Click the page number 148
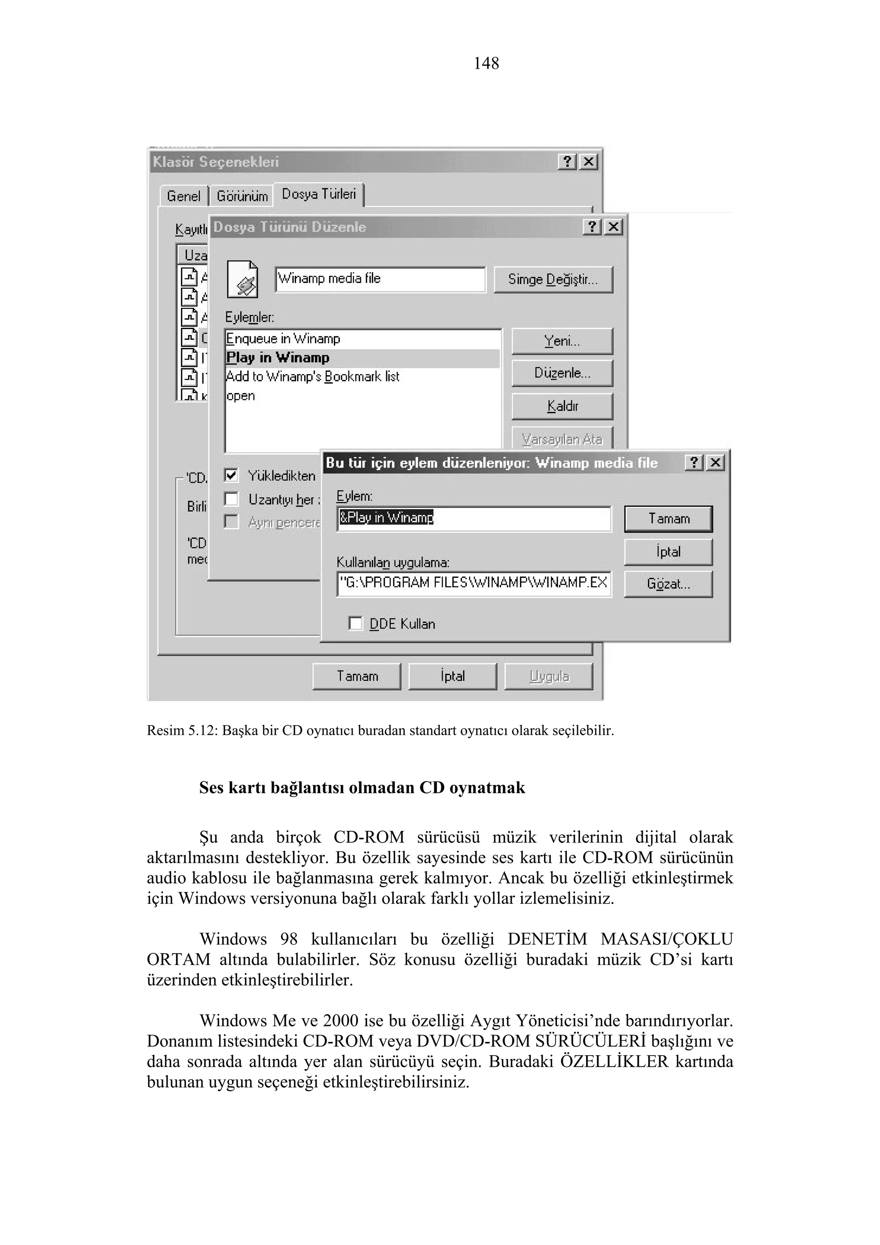pos(486,64)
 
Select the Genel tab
pos(183,196)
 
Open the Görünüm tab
pos(242,196)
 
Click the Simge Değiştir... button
pos(553,280)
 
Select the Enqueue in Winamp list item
pos(284,339)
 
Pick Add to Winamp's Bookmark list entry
pos(313,377)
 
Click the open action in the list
pos(241,396)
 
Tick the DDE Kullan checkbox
pos(356,624)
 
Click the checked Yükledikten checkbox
pos(232,476)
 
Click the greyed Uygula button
pos(549,677)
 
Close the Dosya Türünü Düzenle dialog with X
pos(613,227)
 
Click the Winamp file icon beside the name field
pos(242,280)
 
